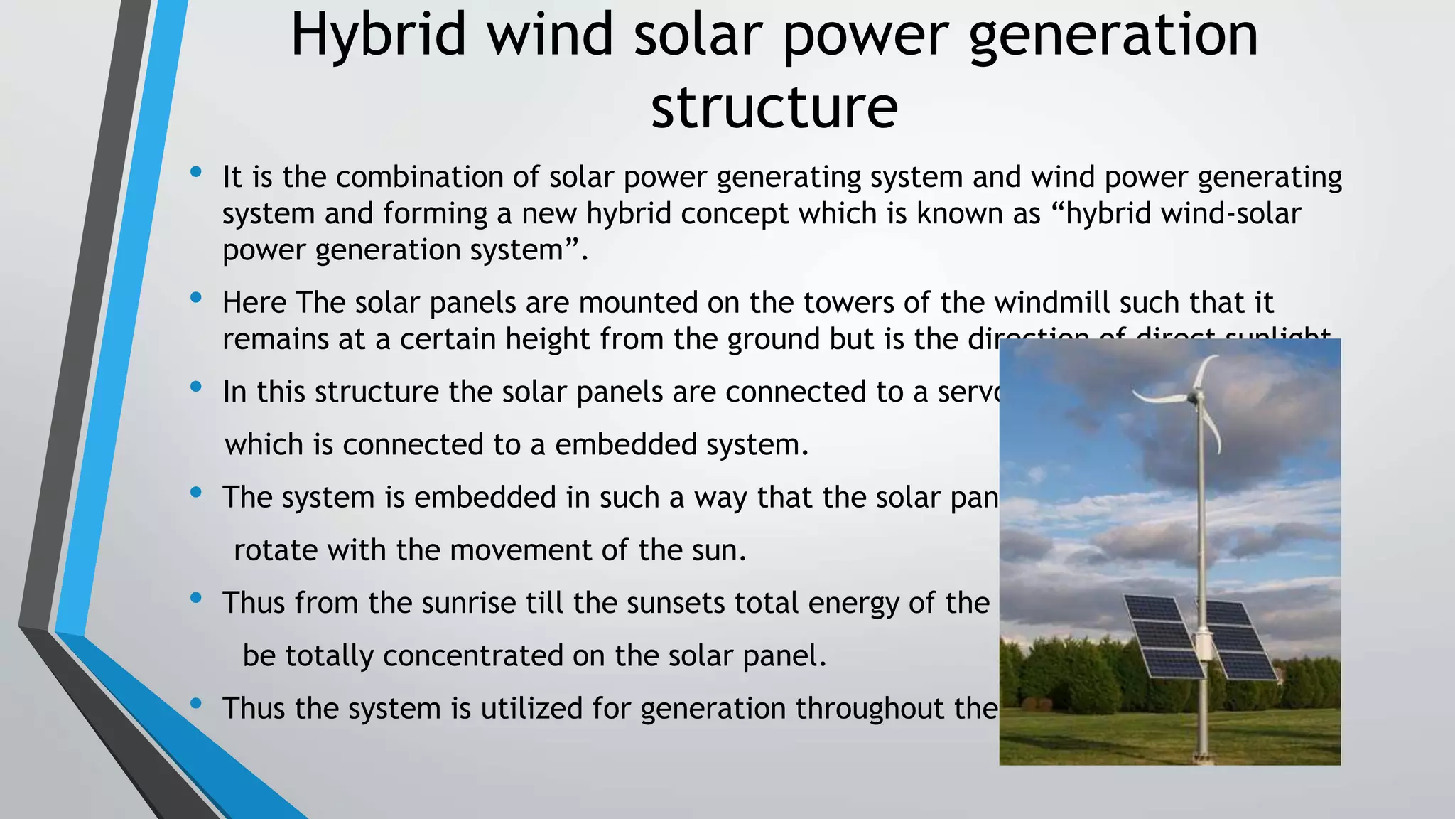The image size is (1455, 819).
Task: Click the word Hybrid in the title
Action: [378, 36]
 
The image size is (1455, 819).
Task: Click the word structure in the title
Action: [774, 108]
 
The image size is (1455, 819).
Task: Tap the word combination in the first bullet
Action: [419, 178]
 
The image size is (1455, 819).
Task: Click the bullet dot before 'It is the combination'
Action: [196, 172]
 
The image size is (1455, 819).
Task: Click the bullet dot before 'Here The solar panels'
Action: [196, 298]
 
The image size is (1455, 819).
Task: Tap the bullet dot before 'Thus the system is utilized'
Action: [196, 704]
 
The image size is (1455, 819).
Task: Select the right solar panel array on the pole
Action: [1242, 638]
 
